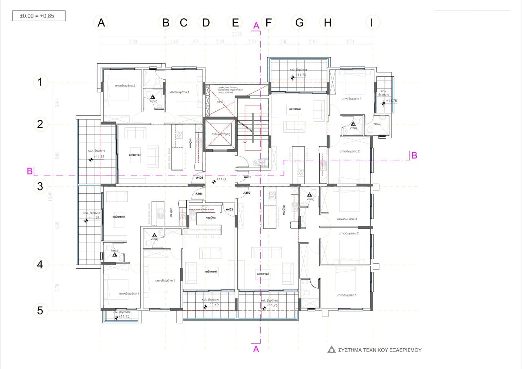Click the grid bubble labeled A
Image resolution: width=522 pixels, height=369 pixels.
click(102, 23)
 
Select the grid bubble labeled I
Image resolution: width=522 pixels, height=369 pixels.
click(371, 23)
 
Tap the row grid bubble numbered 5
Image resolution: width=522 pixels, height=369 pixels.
click(40, 311)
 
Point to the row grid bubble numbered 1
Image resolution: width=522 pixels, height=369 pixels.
click(40, 82)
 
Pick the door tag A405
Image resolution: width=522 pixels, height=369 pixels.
click(199, 178)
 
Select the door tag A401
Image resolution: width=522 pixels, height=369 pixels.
click(247, 177)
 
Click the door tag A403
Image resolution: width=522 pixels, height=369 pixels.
click(229, 210)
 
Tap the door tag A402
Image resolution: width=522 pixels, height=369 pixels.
click(246, 193)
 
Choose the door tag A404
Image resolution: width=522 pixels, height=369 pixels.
click(199, 194)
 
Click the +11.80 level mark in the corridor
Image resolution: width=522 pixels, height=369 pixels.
click(221, 179)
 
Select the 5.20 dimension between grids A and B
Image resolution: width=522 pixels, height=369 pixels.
click(133, 42)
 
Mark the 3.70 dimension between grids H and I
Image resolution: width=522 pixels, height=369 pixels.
click(349, 42)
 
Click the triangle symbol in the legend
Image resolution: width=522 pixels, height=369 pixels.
click(332, 350)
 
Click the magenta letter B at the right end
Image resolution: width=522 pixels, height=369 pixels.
click(414, 155)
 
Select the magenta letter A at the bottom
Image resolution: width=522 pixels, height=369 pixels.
click(256, 349)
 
